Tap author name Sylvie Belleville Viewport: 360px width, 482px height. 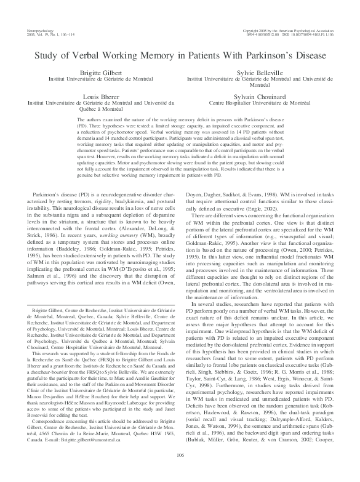point(258,72)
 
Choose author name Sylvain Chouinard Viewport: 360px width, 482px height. point(258,98)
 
